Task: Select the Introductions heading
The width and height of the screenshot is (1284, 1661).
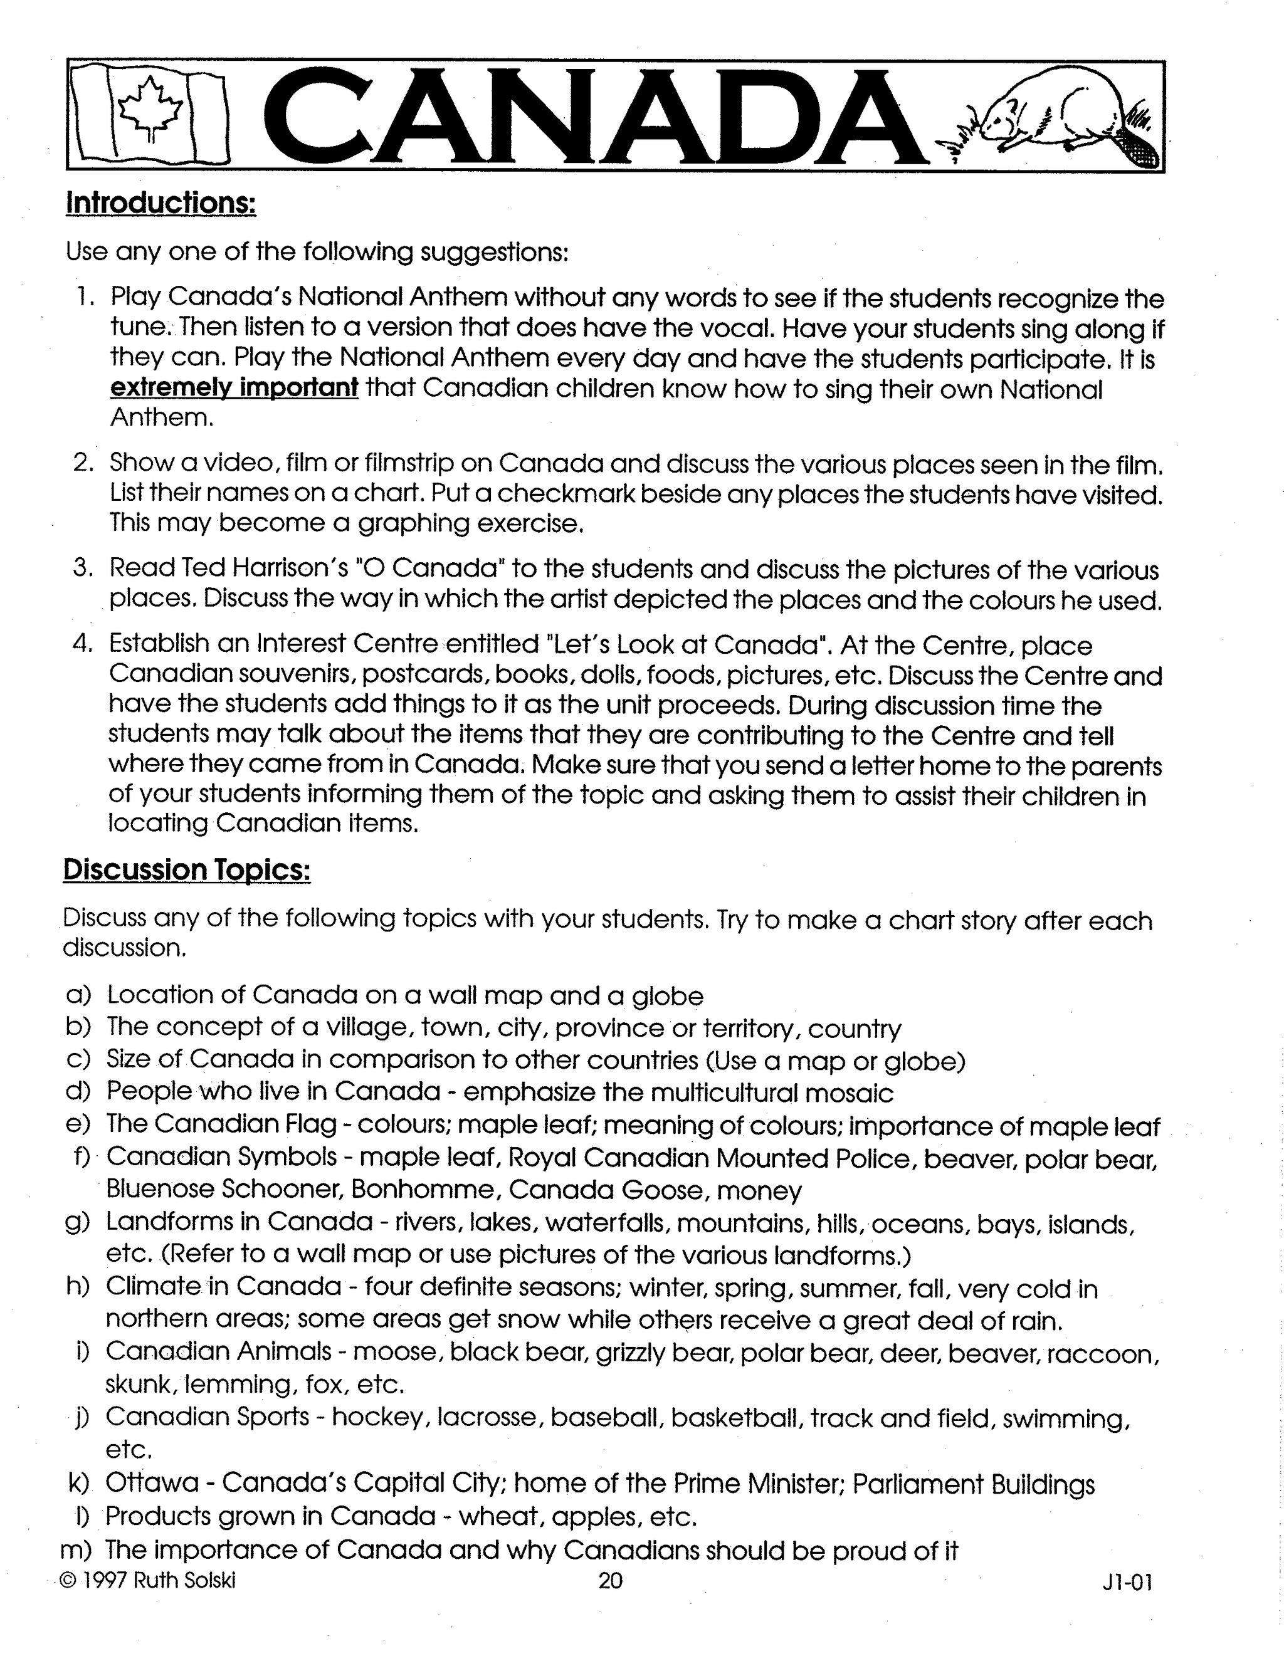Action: point(161,203)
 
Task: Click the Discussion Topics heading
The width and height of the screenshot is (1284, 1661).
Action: point(186,870)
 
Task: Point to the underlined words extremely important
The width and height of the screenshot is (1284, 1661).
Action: point(234,388)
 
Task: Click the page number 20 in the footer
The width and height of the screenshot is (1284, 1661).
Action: point(610,1581)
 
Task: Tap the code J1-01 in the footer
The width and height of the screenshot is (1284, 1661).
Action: point(1127,1583)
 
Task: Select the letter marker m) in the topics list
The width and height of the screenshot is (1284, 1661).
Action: point(75,1549)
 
